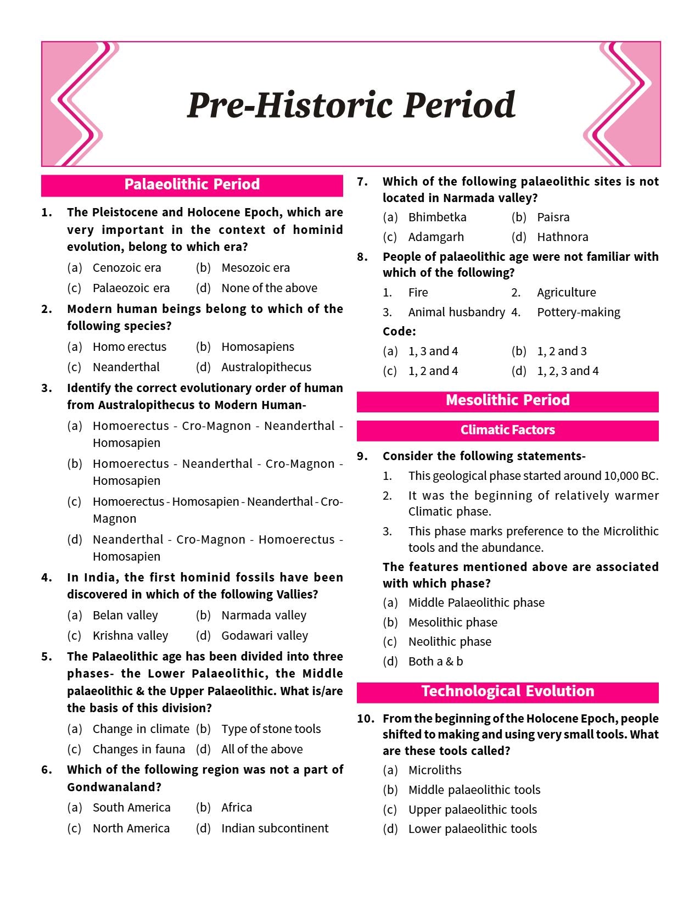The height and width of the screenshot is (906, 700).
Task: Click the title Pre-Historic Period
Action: pyautogui.click(x=351, y=105)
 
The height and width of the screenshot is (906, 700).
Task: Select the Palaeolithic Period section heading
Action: pyautogui.click(x=192, y=184)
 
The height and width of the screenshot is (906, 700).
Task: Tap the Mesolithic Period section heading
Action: pyautogui.click(x=507, y=400)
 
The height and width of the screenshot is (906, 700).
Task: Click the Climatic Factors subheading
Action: pyautogui.click(x=507, y=430)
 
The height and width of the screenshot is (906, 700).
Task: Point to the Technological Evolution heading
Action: pyautogui.click(x=507, y=691)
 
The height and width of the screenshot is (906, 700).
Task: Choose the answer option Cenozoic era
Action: pyautogui.click(x=127, y=268)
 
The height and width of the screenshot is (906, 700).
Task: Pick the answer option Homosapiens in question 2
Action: pyautogui.click(x=257, y=347)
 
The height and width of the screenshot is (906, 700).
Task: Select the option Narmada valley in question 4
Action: pyautogui.click(x=264, y=616)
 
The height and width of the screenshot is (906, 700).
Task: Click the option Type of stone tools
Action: pyautogui.click(x=271, y=729)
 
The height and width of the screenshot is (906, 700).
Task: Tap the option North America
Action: pyautogui.click(x=131, y=829)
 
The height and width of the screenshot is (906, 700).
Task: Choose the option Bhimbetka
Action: pyautogui.click(x=437, y=217)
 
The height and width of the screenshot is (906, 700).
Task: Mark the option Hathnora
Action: pyautogui.click(x=562, y=237)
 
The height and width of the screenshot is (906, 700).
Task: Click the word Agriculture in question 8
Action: pyautogui.click(x=566, y=293)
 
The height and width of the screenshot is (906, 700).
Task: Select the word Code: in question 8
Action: pyautogui.click(x=399, y=332)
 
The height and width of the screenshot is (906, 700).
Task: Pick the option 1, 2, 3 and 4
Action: pyautogui.click(x=568, y=371)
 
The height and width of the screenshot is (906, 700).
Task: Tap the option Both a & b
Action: pyautogui.click(x=435, y=662)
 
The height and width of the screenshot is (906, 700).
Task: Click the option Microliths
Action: pyautogui.click(x=435, y=770)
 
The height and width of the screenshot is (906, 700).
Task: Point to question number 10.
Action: pyautogui.click(x=365, y=719)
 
